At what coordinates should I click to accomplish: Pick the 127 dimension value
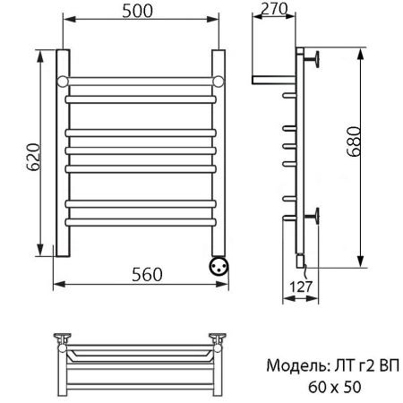302,288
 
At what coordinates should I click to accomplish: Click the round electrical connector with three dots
218,265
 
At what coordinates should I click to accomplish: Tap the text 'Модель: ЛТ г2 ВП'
331,366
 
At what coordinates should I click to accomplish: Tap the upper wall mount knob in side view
313,59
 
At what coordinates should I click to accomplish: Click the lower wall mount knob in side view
313,215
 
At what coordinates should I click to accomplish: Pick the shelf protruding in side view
273,78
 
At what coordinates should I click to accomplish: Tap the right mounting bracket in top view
218,339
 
